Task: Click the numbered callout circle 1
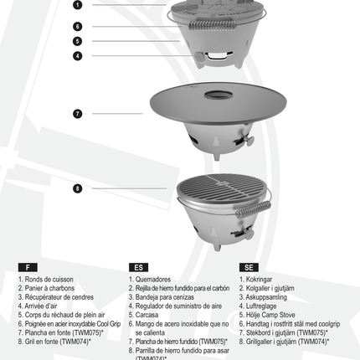coord(77,4)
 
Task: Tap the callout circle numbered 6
coord(77,26)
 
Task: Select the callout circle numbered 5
coord(77,40)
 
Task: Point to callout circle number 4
coord(77,56)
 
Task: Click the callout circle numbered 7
coord(77,112)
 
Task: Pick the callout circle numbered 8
coord(77,188)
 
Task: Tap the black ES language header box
coord(138,267)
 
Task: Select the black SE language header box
coord(249,267)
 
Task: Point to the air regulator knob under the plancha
coord(247,136)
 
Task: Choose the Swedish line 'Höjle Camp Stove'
coord(272,314)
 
